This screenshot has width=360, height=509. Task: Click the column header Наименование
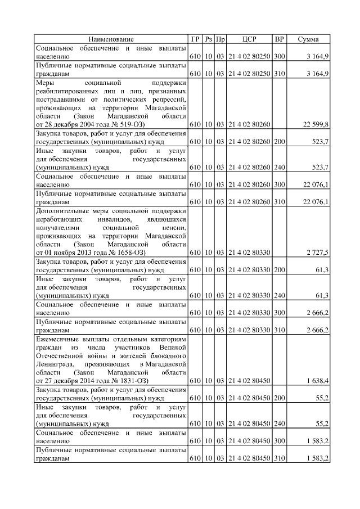pyautogui.click(x=111, y=39)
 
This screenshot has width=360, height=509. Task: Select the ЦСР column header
pyautogui.click(x=249, y=39)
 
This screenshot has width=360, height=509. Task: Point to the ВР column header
pyautogui.click(x=279, y=39)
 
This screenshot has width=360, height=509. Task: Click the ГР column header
pyautogui.click(x=195, y=39)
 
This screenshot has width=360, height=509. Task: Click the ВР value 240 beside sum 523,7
pyautogui.click(x=279, y=167)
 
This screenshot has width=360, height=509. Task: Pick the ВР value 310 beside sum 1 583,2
pyautogui.click(x=279, y=458)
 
